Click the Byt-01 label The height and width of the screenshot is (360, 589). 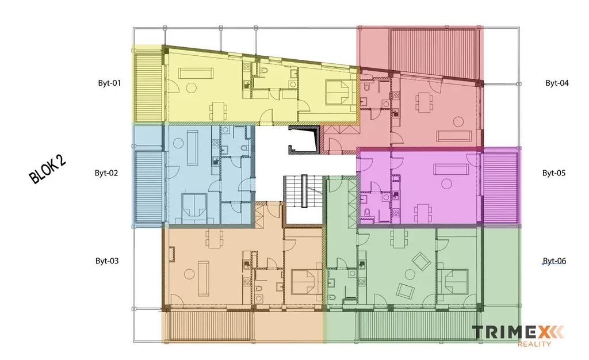[109, 83]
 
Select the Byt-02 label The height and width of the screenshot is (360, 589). [106, 173]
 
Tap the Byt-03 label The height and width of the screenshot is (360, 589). [107, 261]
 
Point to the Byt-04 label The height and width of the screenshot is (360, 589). [557, 83]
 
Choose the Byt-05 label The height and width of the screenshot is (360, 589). [554, 173]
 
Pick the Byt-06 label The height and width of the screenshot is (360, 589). [554, 261]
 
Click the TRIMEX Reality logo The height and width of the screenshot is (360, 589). [518, 336]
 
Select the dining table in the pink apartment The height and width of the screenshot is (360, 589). [423, 213]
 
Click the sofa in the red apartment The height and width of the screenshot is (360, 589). [454, 136]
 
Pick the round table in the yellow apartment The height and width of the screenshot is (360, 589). [192, 88]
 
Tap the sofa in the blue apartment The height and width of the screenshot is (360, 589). [193, 148]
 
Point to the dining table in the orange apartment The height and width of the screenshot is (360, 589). [215, 239]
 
